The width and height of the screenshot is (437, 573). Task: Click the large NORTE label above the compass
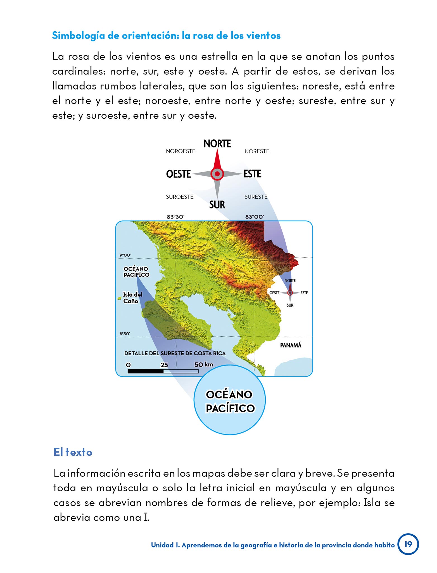coord(217,144)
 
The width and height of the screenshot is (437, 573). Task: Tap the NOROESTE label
coord(180,151)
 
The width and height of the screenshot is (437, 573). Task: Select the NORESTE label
coord(257,151)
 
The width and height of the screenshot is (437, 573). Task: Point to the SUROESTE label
coord(180,197)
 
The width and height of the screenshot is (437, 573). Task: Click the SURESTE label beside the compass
coord(256,197)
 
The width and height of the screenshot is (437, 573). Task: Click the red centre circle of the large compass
coord(217,174)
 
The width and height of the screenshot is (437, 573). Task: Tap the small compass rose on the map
coord(290,293)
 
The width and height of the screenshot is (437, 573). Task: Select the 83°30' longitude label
coord(175,217)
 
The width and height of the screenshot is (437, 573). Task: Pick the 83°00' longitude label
coord(255,217)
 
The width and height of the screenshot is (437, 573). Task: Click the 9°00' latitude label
coord(125,255)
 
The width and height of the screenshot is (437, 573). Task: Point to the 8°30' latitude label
coord(125,334)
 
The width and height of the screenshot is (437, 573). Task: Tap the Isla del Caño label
coord(132,298)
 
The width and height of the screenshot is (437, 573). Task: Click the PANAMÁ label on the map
coord(291,345)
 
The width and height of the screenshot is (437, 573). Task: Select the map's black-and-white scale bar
coord(163,371)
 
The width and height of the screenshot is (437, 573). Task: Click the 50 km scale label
coord(204,365)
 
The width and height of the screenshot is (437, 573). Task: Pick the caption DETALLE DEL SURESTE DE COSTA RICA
coord(175,353)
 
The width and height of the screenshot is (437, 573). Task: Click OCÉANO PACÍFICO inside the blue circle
coord(230,401)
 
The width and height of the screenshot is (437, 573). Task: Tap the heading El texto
coord(73,452)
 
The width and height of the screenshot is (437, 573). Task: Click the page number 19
coord(408,544)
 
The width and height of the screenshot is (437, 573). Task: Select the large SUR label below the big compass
coord(217,205)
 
